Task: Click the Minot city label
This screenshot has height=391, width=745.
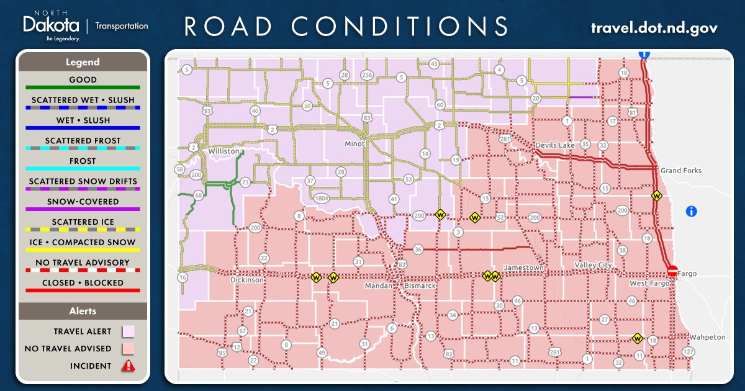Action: [354, 144]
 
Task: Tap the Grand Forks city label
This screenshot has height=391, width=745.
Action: [680, 171]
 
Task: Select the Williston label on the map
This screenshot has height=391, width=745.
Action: [223, 151]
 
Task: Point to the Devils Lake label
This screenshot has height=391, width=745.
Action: [556, 145]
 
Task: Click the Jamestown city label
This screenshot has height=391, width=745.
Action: [524, 267]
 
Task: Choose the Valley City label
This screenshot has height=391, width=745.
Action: [593, 265]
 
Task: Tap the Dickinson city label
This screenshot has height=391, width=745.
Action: [247, 280]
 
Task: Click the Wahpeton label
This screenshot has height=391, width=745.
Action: [707, 337]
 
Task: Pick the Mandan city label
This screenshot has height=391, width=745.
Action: [379, 286]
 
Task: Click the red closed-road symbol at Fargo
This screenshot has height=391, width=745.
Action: [672, 271]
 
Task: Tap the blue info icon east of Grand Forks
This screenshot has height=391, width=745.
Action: [692, 212]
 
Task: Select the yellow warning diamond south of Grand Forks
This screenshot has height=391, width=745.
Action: [656, 196]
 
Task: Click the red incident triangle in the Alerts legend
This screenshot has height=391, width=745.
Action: [128, 366]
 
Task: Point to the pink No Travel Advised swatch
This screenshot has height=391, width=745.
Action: [128, 349]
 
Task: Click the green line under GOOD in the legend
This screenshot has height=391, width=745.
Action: [83, 88]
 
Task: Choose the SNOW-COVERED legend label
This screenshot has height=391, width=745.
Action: [83, 202]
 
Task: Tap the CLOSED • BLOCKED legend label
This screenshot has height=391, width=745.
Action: [83, 283]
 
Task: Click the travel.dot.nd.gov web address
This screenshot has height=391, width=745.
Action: [654, 28]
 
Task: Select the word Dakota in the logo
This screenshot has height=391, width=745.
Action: [51, 25]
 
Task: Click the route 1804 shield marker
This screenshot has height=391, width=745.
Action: [321, 199]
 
